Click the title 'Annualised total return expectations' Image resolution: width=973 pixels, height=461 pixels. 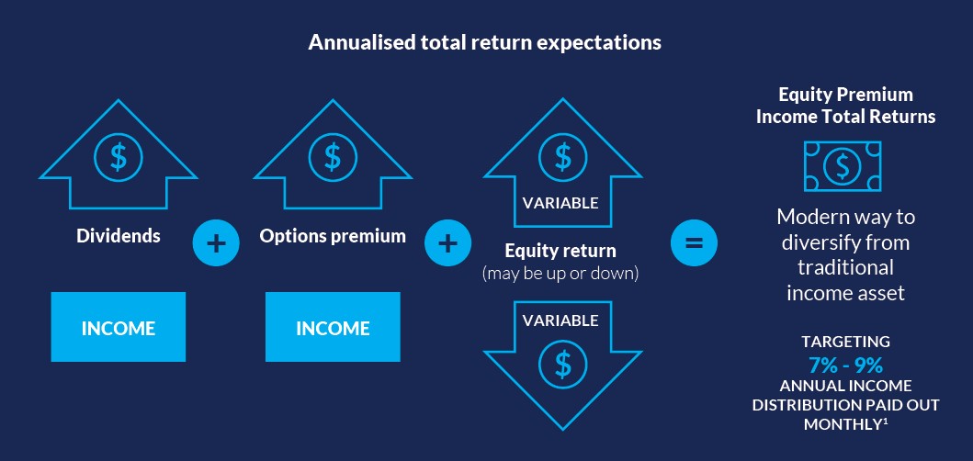484,43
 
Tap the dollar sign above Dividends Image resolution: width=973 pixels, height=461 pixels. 118,158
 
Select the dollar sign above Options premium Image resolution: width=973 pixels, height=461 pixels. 333,158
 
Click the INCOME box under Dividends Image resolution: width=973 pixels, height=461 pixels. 118,327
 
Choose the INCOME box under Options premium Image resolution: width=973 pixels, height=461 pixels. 333,327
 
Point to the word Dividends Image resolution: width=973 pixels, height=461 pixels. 118,236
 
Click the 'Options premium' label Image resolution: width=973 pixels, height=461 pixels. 333,236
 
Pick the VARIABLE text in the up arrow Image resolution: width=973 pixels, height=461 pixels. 560,203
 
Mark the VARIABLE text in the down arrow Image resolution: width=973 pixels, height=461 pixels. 560,320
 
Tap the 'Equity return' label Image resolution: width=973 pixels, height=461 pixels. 560,252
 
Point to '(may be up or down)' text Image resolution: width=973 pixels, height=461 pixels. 560,274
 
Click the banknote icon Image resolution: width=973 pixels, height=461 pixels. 843,165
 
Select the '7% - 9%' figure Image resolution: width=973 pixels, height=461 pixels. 845,365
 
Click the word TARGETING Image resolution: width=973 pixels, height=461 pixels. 845,342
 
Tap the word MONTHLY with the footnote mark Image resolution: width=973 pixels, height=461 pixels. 845,424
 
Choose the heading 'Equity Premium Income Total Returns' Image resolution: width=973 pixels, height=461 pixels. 846,106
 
